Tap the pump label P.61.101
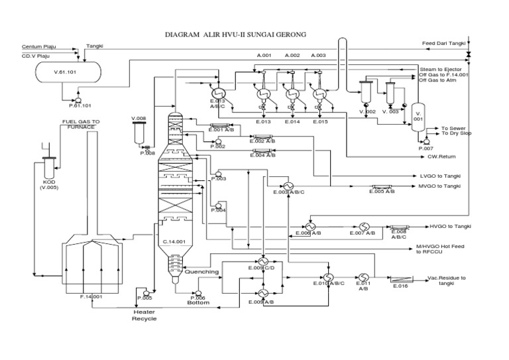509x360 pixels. pos(80,105)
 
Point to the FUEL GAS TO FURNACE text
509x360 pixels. pos(81,125)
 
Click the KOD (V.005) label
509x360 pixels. pos(49,184)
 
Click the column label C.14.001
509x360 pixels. pos(175,242)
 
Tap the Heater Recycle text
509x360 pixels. pos(145,315)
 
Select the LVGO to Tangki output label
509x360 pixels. pos(440,176)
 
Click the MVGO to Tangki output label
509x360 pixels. pos(440,186)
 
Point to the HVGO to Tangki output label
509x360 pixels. pos(450,226)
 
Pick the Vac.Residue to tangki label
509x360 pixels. pos(446,280)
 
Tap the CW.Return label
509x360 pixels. pos(443,156)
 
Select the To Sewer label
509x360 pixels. pos(454,128)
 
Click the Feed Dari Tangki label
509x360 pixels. pos(445,44)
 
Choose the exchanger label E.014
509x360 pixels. pos(292,122)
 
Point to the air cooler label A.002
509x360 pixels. pos(292,55)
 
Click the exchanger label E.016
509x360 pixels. pos(400,286)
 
